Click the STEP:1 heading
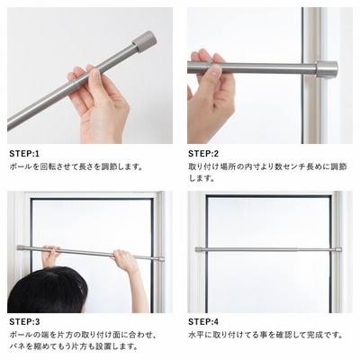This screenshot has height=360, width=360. click(x=24, y=154)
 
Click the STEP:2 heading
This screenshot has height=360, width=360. click(x=203, y=154)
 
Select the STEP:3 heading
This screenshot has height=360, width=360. click(x=24, y=322)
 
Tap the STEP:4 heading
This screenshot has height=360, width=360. click(x=203, y=322)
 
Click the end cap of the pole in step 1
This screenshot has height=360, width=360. click(x=144, y=41)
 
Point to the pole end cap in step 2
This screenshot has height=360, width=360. click(x=327, y=69)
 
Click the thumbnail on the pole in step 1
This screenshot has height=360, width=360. click(x=95, y=73)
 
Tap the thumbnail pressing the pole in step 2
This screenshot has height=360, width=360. click(x=216, y=71)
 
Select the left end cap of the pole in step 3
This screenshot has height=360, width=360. click(x=21, y=247)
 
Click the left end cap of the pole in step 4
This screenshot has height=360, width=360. click(x=199, y=249)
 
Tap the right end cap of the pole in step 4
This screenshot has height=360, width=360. click(x=337, y=249)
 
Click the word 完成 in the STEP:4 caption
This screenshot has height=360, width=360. click(x=314, y=335)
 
